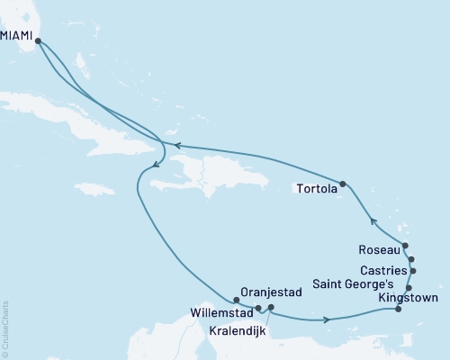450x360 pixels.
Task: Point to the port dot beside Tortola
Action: pyautogui.click(x=343, y=182)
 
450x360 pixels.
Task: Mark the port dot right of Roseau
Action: pyautogui.click(x=405, y=246)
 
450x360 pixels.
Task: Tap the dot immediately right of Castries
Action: pyautogui.click(x=413, y=270)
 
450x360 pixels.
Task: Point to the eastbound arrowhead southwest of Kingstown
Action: pyautogui.click(x=326, y=319)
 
